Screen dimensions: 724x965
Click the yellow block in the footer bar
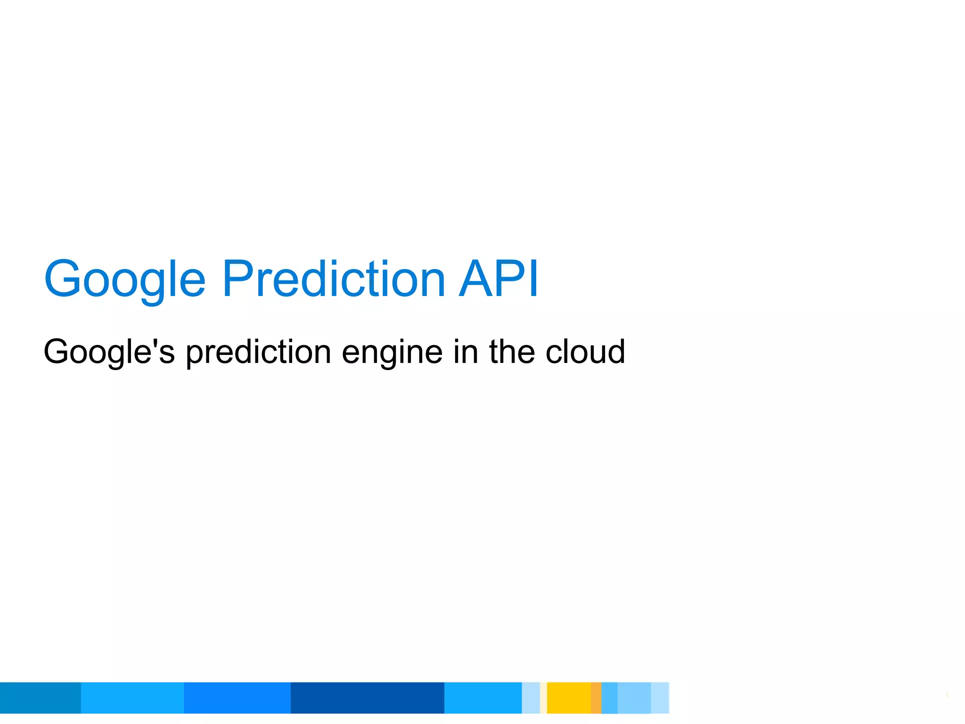tap(569, 698)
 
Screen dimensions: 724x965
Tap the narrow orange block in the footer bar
tap(596, 698)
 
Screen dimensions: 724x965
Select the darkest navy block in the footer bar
tap(367, 698)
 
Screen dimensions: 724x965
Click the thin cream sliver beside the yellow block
tap(543, 698)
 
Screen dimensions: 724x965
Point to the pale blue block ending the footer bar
tap(660, 698)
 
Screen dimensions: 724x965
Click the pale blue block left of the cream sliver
tap(531, 698)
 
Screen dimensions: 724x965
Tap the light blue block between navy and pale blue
tap(483, 698)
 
